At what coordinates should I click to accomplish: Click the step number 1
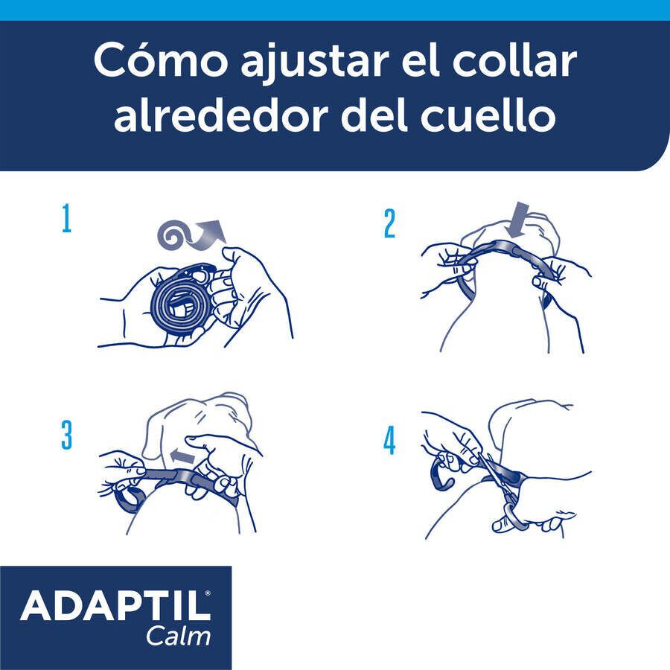66,220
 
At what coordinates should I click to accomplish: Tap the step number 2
389,224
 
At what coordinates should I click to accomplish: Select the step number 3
66,436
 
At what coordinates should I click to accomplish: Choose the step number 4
389,441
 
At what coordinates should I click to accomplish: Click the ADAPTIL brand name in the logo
115,607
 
